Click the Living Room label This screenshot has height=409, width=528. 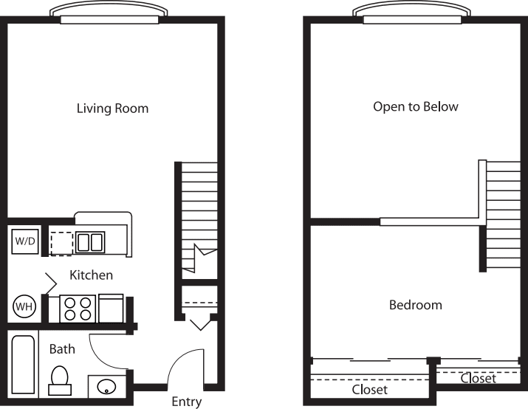click(x=112, y=109)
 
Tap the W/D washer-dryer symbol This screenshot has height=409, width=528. click(x=25, y=241)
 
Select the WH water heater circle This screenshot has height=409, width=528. click(x=24, y=306)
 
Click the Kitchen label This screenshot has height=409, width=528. click(x=92, y=275)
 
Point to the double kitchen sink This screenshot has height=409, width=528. click(x=90, y=242)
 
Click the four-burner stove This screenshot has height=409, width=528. click(x=78, y=309)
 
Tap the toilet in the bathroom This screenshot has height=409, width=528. click(x=60, y=381)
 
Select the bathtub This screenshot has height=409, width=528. click(x=23, y=364)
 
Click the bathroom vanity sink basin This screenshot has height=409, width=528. click(x=106, y=386)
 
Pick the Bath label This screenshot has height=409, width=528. click(x=62, y=349)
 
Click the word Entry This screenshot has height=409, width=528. click(x=187, y=402)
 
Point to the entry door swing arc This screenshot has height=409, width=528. click(x=179, y=360)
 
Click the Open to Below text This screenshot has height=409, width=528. click(x=416, y=107)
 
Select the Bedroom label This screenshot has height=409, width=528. click(x=416, y=305)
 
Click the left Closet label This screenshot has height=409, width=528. click(x=369, y=390)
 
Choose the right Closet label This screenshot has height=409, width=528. click(x=479, y=379)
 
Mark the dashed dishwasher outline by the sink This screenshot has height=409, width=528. click(x=61, y=244)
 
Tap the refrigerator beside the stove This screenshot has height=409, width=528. click(x=111, y=309)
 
